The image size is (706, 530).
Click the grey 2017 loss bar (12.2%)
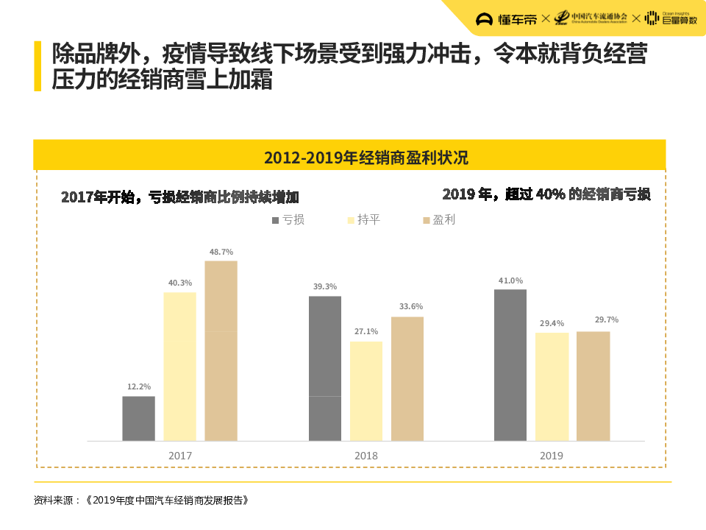[138, 418]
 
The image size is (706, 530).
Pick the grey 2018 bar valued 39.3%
[325, 368]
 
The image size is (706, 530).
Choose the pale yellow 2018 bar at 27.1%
[366, 391]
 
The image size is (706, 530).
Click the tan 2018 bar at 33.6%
[407, 378]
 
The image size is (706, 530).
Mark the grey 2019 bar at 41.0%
[510, 365]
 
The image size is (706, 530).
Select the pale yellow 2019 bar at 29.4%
[552, 386]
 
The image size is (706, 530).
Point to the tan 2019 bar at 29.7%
[593, 386]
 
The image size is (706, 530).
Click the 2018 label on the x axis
[366, 456]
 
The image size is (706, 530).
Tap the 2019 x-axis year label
[551, 456]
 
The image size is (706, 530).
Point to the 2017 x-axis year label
[179, 456]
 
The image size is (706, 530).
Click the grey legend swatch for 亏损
[275, 220]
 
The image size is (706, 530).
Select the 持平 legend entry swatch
[350, 220]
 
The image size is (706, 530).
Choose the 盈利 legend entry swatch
[426, 220]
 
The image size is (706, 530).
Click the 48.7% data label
[221, 252]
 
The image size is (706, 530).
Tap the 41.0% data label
[510, 280]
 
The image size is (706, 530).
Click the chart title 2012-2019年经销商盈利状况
[366, 158]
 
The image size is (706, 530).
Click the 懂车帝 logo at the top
[507, 19]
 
